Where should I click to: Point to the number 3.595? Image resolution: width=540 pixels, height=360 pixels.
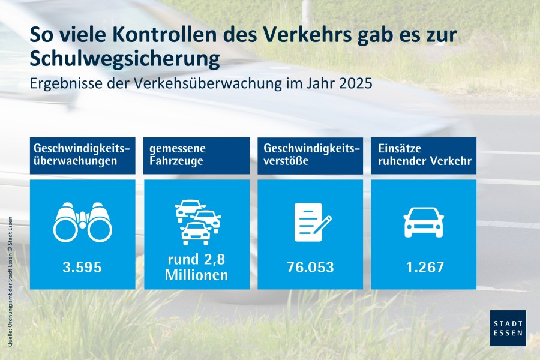click(82, 267)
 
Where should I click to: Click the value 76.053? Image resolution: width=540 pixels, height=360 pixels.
click(310, 267)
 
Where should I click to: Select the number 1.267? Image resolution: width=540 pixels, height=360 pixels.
click(424, 267)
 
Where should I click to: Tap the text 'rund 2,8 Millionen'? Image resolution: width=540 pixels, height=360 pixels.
click(197, 268)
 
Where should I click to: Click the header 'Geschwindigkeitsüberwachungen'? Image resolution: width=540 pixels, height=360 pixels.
click(82, 155)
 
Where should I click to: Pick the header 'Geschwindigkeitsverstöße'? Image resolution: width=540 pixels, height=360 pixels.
click(310, 155)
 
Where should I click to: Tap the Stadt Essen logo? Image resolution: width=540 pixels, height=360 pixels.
click(508, 328)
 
